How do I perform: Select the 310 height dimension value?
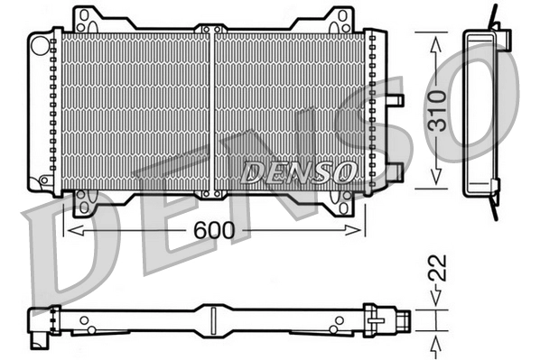tap(435, 109)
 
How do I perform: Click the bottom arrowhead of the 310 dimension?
tap(435, 179)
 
